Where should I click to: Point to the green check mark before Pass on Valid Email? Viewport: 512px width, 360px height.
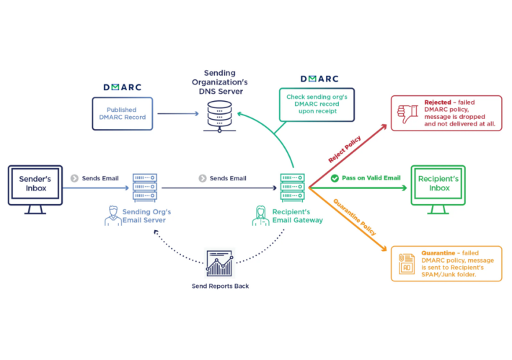335,178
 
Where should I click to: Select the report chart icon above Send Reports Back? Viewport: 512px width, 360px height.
219,264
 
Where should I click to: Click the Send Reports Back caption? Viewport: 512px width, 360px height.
219,286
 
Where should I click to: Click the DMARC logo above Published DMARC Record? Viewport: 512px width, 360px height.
123,87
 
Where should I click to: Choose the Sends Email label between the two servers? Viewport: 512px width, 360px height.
228,178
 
